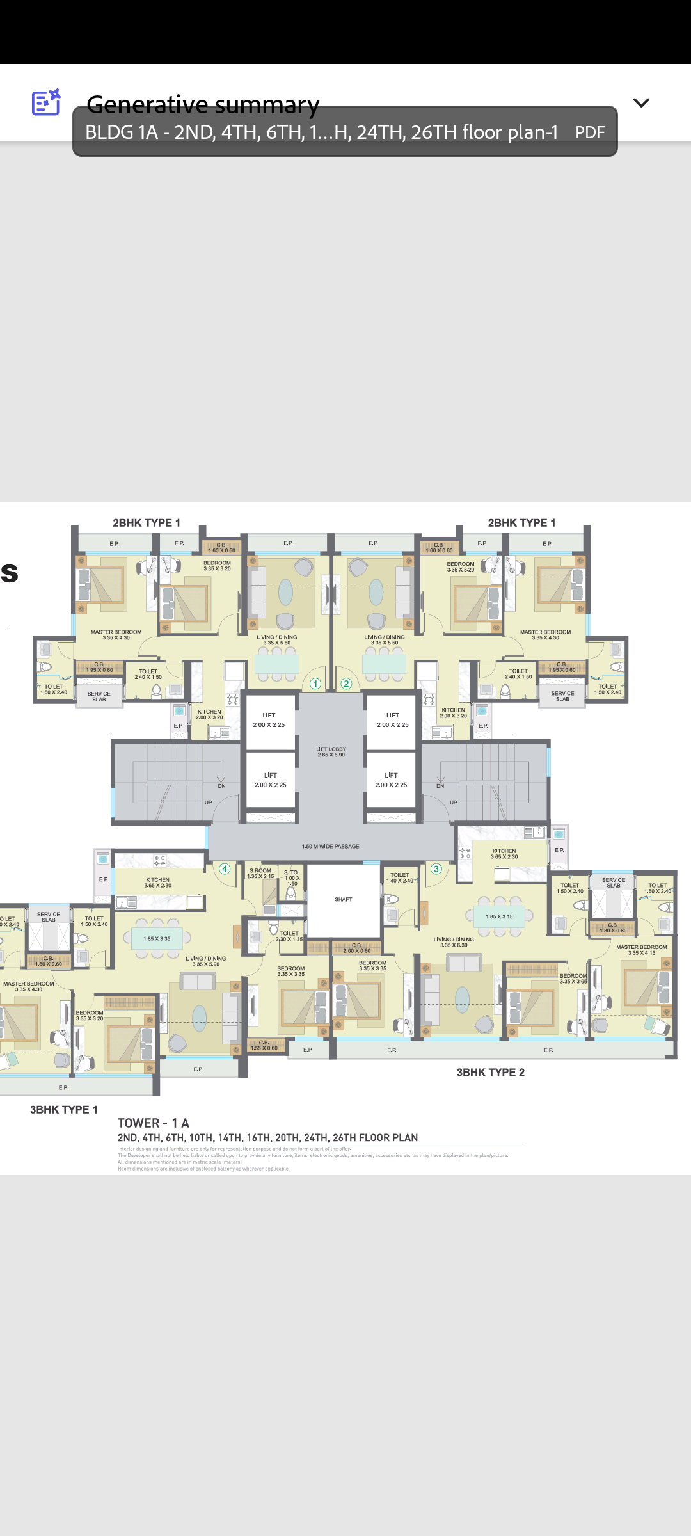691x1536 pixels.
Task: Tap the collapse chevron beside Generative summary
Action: coord(641,103)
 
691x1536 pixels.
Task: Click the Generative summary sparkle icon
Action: coord(46,102)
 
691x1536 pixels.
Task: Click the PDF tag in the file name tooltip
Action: coord(589,132)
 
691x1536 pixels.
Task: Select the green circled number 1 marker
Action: coord(315,684)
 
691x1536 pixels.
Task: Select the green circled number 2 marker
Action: coord(346,684)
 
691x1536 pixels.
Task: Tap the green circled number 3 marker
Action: coord(436,868)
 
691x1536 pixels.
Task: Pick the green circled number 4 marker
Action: coord(225,868)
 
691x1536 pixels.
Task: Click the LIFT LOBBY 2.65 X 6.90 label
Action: coord(331,751)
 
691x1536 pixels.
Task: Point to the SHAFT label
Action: coord(344,899)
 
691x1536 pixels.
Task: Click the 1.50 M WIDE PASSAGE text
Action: coord(330,846)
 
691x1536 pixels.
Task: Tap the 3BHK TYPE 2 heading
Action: coord(490,1072)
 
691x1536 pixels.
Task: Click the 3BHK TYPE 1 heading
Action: coord(64,1109)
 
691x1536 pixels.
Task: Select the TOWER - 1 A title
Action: coord(154,1123)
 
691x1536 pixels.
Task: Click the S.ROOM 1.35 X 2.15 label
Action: coord(260,873)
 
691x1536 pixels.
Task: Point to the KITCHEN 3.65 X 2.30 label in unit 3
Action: coord(504,854)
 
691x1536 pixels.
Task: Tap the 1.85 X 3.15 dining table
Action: coord(499,916)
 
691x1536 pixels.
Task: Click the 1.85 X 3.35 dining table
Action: coord(157,938)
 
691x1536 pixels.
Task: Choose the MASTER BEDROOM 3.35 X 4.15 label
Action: coord(641,950)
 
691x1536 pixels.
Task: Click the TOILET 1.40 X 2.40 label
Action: coord(400,877)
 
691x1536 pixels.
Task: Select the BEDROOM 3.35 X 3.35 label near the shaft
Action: coord(372,965)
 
